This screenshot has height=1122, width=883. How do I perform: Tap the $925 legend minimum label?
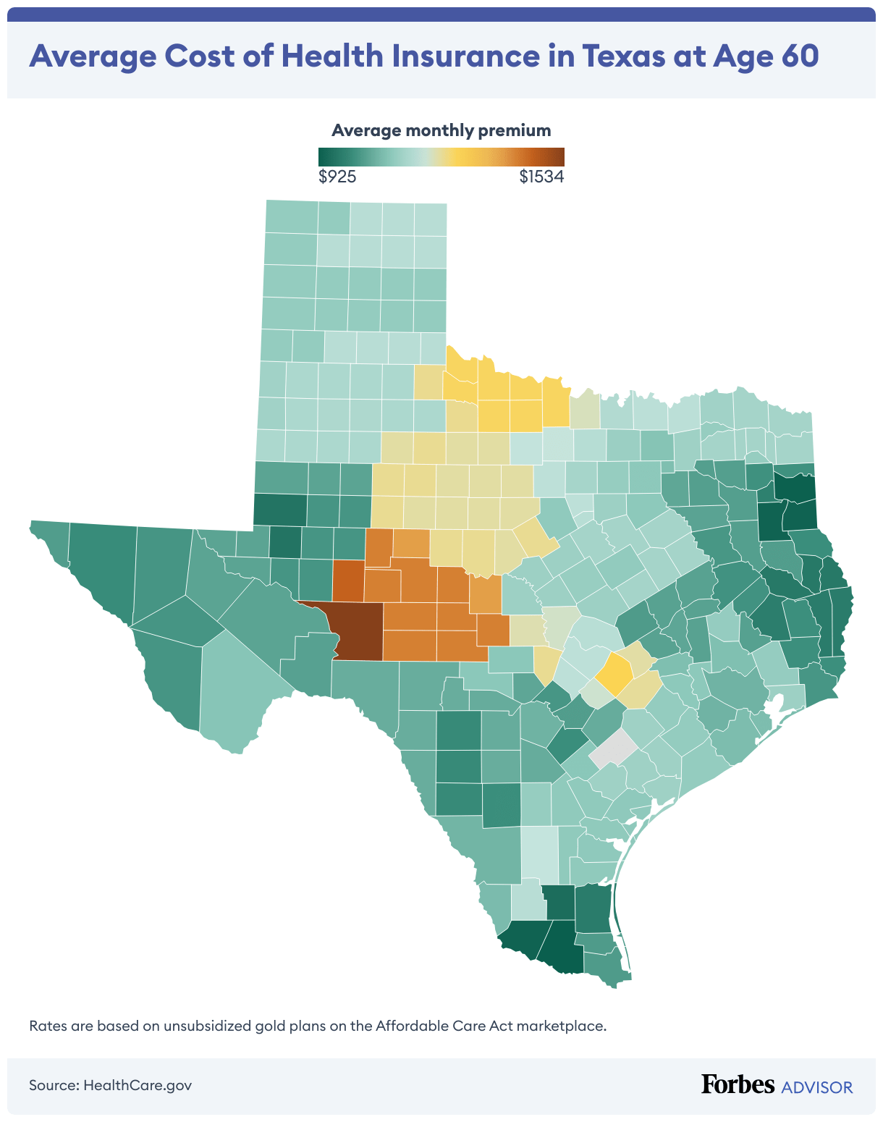(x=337, y=177)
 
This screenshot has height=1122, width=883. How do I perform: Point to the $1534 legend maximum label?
(x=541, y=177)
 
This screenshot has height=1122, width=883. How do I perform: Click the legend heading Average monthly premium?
(x=441, y=130)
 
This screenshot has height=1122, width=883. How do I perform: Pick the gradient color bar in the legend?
(x=441, y=156)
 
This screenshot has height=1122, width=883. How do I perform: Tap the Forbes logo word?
(x=738, y=1084)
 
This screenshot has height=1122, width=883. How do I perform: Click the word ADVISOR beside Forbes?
(x=817, y=1087)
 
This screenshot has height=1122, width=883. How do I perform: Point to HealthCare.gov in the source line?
(x=138, y=1085)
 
